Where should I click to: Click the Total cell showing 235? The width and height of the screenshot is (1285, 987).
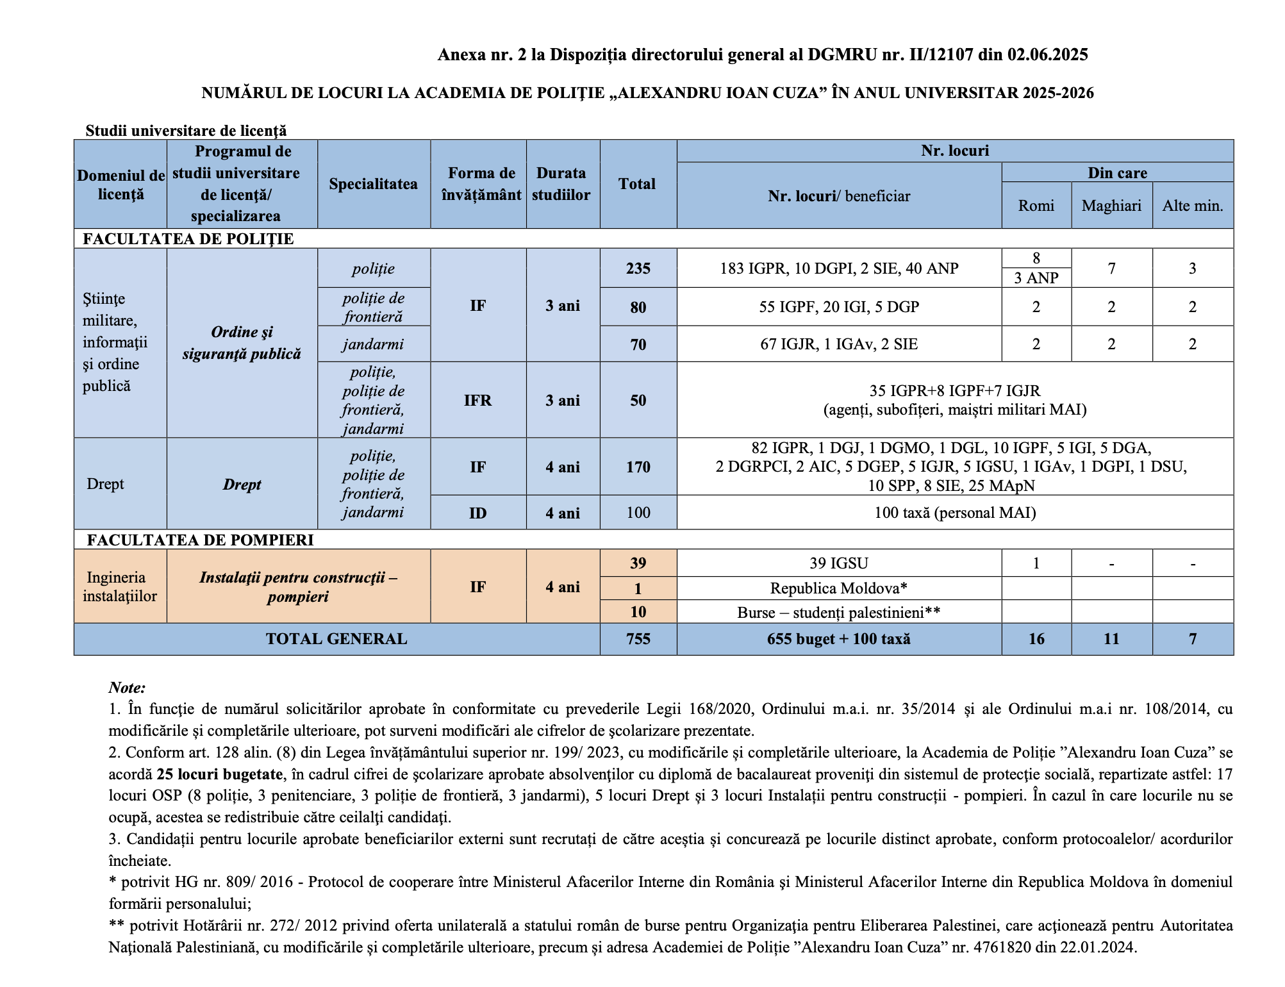638,268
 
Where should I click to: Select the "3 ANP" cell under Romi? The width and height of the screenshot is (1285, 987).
1036,278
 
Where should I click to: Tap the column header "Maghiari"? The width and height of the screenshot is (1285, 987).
1111,206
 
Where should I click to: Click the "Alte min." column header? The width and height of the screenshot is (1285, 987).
1192,206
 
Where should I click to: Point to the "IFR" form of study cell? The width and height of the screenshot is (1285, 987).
477,401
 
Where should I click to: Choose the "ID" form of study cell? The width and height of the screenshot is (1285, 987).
477,513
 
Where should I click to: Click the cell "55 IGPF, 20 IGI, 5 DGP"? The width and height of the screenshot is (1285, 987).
839,307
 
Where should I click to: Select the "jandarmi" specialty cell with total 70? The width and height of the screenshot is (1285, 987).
373,344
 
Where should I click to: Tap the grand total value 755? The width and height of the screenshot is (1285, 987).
638,639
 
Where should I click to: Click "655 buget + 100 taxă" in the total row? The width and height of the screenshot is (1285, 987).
838,639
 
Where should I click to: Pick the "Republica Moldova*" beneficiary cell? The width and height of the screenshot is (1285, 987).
838,588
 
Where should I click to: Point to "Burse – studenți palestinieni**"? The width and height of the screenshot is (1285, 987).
838,612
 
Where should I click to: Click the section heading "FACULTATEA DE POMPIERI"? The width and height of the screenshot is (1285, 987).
200,540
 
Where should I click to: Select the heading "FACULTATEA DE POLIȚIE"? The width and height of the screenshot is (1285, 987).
188,239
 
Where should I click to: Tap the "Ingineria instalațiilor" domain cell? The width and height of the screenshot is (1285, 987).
120,586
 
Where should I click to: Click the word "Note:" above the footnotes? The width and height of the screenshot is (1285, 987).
127,688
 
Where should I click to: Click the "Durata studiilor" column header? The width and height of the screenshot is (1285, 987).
561,184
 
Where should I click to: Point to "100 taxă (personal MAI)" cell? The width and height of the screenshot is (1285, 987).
954,513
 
